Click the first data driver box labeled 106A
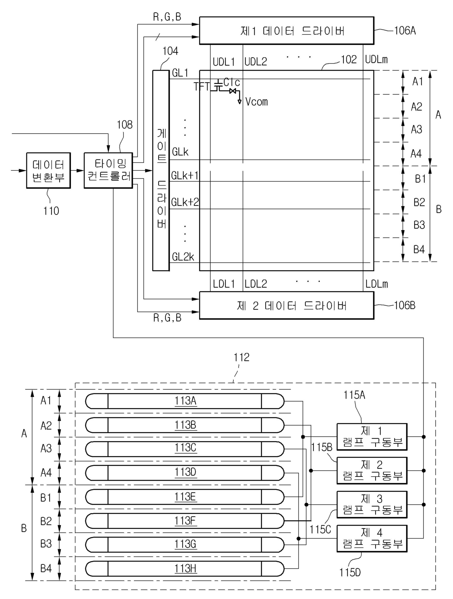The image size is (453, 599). pyautogui.click(x=286, y=31)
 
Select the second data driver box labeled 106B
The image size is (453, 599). pyautogui.click(x=286, y=306)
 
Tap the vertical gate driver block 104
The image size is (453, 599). pyautogui.click(x=161, y=170)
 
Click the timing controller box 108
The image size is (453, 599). pyautogui.click(x=108, y=170)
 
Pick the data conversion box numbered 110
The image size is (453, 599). pyautogui.click(x=48, y=170)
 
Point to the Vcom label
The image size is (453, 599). pyautogui.click(x=256, y=102)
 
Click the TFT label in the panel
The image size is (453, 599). pyautogui.click(x=202, y=87)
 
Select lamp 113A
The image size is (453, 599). pyautogui.click(x=184, y=401)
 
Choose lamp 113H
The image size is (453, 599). pyautogui.click(x=184, y=568)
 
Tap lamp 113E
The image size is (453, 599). pyautogui.click(x=184, y=497)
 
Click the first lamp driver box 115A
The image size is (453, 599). pyautogui.click(x=372, y=437)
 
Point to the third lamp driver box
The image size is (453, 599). pyautogui.click(x=372, y=504)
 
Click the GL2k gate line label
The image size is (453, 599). pyautogui.click(x=183, y=257)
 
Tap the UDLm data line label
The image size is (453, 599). pyautogui.click(x=377, y=59)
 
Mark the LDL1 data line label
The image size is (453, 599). pyautogui.click(x=224, y=284)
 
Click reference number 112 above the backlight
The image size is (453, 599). pyautogui.click(x=241, y=357)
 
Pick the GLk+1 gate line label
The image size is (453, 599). pyautogui.click(x=185, y=176)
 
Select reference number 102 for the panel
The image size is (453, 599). pyautogui.click(x=349, y=59)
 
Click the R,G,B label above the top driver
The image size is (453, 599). pyautogui.click(x=167, y=17)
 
